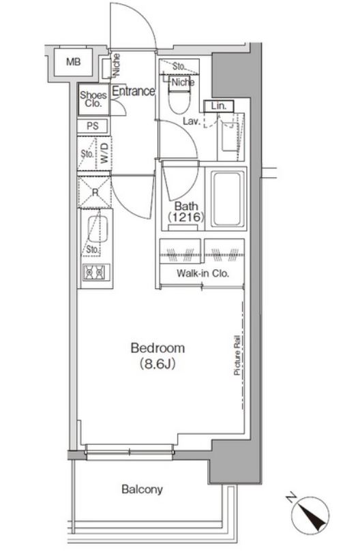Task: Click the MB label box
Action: (x=74, y=63)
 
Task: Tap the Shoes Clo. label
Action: (x=93, y=99)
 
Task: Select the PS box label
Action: (x=93, y=126)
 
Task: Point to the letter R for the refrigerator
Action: (x=95, y=193)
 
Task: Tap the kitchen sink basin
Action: (x=97, y=230)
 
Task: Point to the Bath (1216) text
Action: (x=186, y=211)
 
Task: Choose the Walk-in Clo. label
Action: (x=203, y=273)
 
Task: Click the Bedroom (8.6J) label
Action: (x=157, y=355)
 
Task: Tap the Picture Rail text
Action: (x=237, y=355)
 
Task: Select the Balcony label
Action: (x=142, y=489)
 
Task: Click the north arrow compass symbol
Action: (x=310, y=513)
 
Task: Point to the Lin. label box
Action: (x=219, y=106)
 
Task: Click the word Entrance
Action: (x=134, y=91)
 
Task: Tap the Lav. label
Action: (x=192, y=121)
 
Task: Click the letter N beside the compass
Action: (x=291, y=498)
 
